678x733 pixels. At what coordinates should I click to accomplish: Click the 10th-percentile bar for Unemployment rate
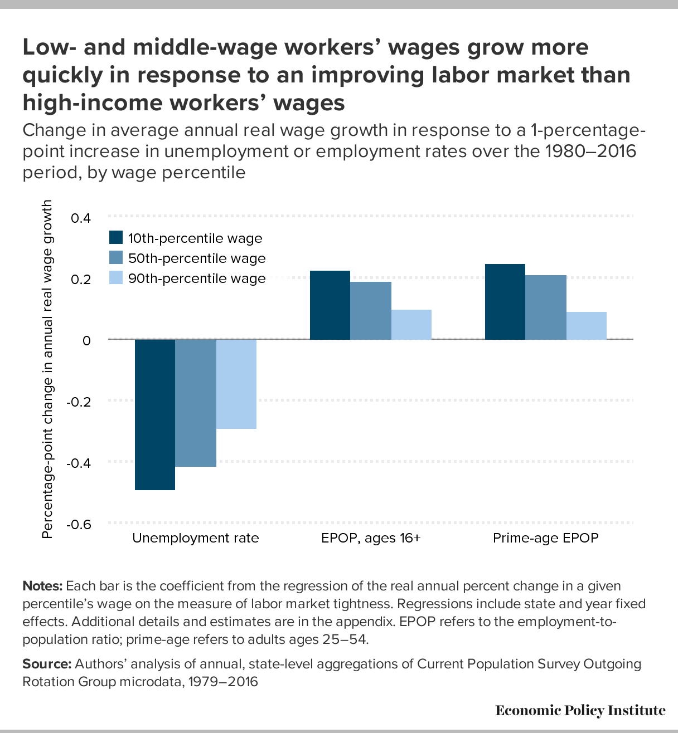pos(155,414)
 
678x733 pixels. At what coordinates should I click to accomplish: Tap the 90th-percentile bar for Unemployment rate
pos(236,384)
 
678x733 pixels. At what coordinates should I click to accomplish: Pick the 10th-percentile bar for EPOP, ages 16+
pos(330,305)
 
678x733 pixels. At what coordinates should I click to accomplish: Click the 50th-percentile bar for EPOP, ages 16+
pos(371,311)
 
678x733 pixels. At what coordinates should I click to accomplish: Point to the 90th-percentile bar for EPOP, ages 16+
pos(411,325)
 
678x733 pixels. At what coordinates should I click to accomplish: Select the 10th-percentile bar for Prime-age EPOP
pos(505,302)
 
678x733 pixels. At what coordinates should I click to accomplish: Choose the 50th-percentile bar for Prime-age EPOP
pos(546,307)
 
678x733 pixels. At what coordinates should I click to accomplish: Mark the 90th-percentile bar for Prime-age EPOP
pos(587,326)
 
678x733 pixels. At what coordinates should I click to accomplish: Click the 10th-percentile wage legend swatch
pos(115,238)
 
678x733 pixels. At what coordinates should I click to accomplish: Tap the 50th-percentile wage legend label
pos(197,258)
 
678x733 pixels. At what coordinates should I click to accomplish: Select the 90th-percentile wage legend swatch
pos(115,278)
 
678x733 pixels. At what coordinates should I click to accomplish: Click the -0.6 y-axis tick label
pos(79,524)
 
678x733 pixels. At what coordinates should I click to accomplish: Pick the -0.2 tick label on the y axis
pos(79,402)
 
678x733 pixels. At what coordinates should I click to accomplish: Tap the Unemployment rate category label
pos(196,538)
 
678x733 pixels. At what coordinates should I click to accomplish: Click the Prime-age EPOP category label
pos(545,538)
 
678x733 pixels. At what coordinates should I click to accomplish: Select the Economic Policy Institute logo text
pos(580,711)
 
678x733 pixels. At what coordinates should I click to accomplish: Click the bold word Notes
pos(42,587)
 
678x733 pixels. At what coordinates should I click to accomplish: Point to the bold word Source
pos(46,664)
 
